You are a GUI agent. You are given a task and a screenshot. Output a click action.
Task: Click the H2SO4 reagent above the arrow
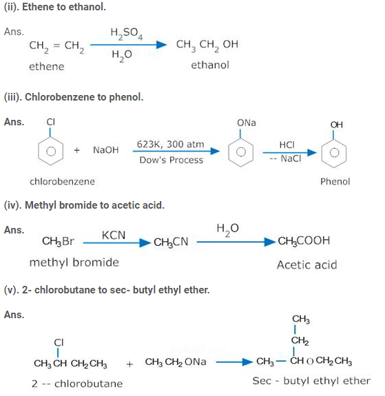point(126,34)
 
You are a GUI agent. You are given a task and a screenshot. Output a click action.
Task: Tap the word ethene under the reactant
point(47,67)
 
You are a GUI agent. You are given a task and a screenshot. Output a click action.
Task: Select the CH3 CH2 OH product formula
point(207,45)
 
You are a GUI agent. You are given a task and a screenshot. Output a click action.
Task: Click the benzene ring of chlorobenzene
point(50,152)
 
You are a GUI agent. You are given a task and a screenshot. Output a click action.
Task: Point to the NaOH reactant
point(106,150)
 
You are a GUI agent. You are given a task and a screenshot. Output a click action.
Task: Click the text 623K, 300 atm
point(171,144)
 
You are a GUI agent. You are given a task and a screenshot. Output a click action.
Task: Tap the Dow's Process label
point(171,160)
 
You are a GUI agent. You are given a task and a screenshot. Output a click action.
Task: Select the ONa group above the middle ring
point(247,123)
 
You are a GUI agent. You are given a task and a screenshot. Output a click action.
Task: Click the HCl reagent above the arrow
point(287,145)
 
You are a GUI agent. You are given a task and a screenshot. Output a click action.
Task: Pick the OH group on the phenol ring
point(337,125)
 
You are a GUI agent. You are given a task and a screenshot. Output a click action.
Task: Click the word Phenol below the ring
point(335,182)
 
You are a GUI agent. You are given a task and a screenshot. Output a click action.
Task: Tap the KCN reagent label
point(114,236)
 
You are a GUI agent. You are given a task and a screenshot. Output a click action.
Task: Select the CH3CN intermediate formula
point(171,242)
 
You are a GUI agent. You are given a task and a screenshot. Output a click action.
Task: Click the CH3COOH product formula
point(304,241)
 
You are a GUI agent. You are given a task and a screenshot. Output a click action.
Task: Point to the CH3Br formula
point(58,241)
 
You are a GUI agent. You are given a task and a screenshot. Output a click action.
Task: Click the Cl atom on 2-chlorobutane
point(59,343)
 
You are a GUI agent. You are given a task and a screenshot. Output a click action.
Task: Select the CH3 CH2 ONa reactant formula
point(176,362)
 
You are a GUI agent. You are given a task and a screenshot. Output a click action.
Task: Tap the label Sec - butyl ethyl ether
point(311,381)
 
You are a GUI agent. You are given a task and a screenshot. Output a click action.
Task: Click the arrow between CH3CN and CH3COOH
point(236,242)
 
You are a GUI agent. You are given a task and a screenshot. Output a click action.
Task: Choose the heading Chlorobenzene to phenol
point(74,97)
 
